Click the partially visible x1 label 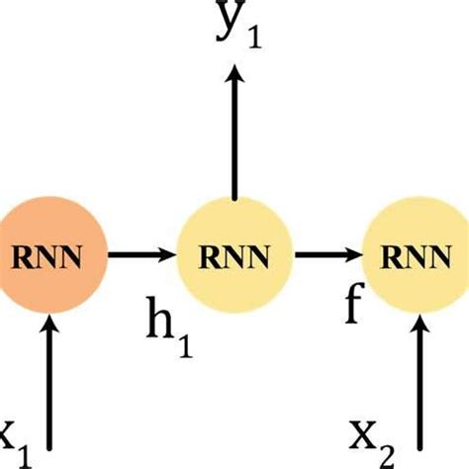pyautogui.click(x=12, y=435)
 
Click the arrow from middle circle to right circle pyautogui.click(x=328, y=255)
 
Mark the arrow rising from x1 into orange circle pyautogui.click(x=48, y=386)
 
